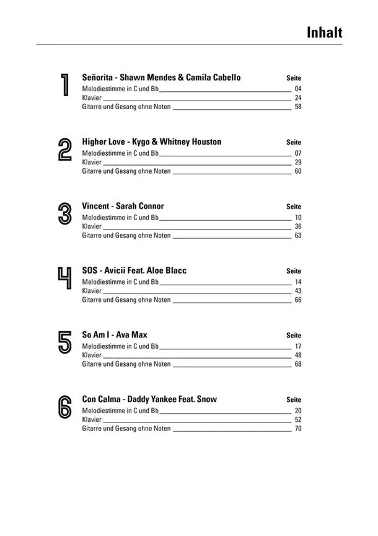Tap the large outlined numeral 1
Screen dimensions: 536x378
pos(64,85)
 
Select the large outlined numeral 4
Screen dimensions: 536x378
pos(64,279)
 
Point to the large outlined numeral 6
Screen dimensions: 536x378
pos(64,408)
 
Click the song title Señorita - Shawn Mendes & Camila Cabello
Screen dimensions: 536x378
pos(161,78)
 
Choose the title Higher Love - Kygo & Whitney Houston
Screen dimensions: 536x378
pos(151,142)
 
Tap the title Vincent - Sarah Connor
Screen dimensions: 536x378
pos(123,207)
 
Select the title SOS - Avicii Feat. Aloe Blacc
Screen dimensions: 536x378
pos(134,270)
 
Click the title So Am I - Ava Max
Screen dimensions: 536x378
pos(115,335)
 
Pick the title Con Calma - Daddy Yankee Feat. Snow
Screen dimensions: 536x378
pos(149,400)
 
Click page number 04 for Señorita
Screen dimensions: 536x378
pos(297,89)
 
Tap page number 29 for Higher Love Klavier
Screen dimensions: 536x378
pos(297,162)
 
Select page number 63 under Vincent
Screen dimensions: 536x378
pos(297,236)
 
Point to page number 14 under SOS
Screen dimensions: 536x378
pos(297,282)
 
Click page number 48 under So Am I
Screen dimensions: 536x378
pos(297,355)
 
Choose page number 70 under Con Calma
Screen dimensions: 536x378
pos(297,429)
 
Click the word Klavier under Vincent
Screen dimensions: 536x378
pos(92,226)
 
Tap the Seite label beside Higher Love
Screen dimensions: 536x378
pos(294,143)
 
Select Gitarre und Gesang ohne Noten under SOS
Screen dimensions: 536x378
pos(126,300)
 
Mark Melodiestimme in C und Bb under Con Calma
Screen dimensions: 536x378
pos(121,411)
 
